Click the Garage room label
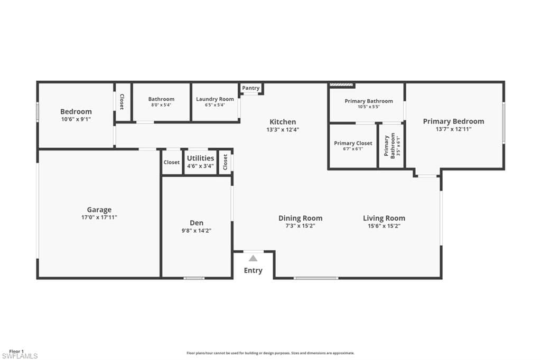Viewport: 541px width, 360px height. [x=99, y=210]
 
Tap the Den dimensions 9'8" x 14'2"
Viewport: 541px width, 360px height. [x=197, y=231]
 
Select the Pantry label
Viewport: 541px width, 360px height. [x=251, y=88]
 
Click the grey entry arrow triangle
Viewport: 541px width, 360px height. [x=253, y=258]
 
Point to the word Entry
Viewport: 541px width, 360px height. [x=253, y=270]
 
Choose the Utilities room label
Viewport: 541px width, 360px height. [x=200, y=158]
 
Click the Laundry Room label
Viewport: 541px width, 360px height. [x=215, y=99]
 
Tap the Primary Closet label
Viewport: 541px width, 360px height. [x=353, y=143]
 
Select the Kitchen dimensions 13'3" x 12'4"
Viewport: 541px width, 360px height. [x=283, y=130]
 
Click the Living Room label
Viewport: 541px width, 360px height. [x=384, y=218]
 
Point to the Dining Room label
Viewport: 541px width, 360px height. [x=301, y=219]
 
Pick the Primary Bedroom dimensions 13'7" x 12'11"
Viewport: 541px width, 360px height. [x=453, y=129]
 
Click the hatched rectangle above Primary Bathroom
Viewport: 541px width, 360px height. [x=342, y=84]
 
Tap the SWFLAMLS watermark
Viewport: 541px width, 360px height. [x=20, y=356]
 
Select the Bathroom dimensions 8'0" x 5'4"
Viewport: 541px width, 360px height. [x=161, y=105]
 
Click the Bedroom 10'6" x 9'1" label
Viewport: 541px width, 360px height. [x=76, y=115]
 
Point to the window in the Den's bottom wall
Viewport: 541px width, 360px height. [x=194, y=278]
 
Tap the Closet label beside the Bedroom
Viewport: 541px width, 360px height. [x=122, y=102]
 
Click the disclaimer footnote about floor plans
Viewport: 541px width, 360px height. [x=270, y=353]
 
